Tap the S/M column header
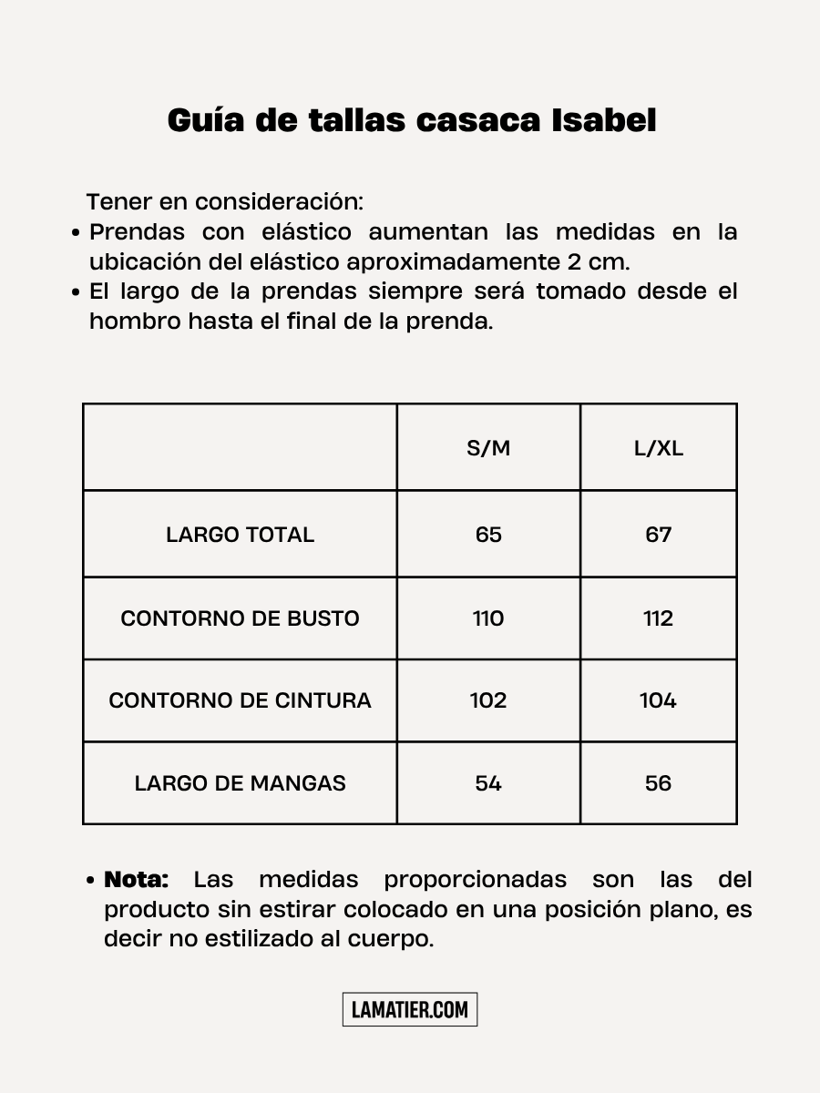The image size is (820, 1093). tap(488, 449)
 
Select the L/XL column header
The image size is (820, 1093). tap(658, 449)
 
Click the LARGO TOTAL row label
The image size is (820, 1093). tap(240, 535)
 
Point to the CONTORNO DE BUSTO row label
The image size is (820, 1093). tap(240, 618)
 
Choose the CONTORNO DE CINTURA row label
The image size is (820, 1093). tap(240, 700)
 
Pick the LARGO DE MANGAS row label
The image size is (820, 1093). tap(240, 783)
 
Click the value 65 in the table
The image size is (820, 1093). tap(488, 535)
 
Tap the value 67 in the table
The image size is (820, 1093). tap(658, 535)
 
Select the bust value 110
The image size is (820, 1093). tap(488, 618)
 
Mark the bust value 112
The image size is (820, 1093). tap(658, 618)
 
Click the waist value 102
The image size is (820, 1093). tap(488, 700)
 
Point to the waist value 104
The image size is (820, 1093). tap(658, 700)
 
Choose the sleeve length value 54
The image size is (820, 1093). tap(488, 783)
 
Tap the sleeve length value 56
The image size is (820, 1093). tap(658, 783)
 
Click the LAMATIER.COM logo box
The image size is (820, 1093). tap(410, 1009)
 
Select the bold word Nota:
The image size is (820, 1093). tap(137, 880)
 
